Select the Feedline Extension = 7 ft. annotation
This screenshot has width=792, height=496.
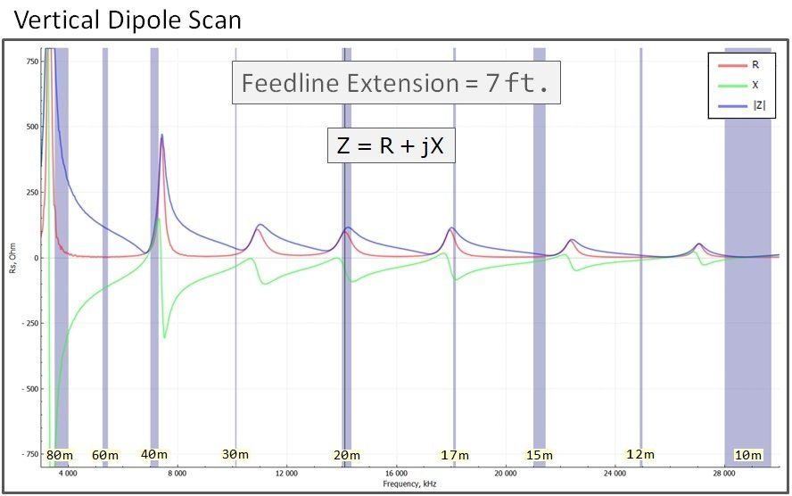[x=397, y=83]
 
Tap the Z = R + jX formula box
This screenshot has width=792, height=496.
[x=391, y=145]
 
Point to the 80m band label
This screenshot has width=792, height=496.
[x=59, y=455]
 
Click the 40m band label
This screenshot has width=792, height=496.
[x=153, y=454]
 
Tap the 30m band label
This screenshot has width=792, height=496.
[x=235, y=454]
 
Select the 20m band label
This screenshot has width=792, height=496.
[x=346, y=455]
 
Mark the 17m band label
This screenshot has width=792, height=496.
[x=455, y=455]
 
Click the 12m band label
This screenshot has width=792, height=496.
[x=639, y=454]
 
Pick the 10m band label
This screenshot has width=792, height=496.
[x=747, y=455]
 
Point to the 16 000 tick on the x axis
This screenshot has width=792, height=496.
[x=396, y=473]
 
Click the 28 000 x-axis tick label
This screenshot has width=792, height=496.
[x=725, y=473]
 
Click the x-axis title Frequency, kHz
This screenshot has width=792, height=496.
[x=409, y=484]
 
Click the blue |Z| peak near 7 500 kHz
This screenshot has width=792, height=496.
[x=161, y=135]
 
